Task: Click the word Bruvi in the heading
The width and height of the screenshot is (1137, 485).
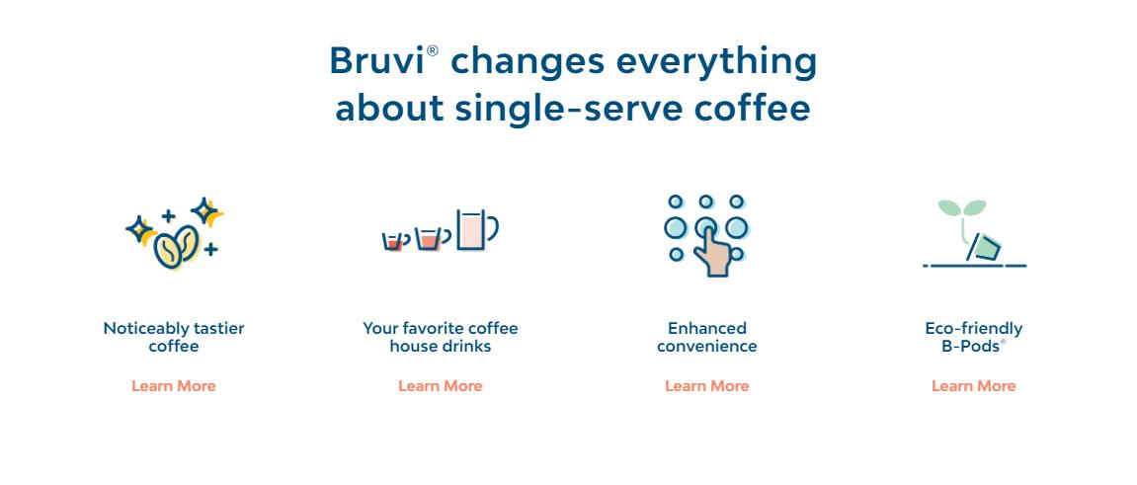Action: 377,61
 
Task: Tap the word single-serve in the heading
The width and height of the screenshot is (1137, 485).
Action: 569,110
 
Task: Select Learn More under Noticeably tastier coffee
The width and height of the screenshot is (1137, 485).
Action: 173,386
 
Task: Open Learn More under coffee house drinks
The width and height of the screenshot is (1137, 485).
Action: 441,386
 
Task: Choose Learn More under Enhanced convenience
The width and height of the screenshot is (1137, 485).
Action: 707,386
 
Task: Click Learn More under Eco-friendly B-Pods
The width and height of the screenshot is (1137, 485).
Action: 974,386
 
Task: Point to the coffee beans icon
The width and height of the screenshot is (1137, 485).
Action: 176,247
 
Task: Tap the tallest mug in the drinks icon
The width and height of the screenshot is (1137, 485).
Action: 476,229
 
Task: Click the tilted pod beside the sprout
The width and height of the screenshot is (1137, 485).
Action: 983,248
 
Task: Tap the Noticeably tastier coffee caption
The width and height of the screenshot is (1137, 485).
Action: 174,337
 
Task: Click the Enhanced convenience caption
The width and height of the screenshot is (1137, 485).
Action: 707,337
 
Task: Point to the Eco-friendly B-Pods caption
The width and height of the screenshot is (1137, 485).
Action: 974,337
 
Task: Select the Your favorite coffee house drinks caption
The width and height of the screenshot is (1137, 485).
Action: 441,337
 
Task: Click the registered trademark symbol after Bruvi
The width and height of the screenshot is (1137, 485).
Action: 432,50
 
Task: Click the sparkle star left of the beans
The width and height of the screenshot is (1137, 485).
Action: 139,230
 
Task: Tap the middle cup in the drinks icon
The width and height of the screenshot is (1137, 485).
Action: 430,238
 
